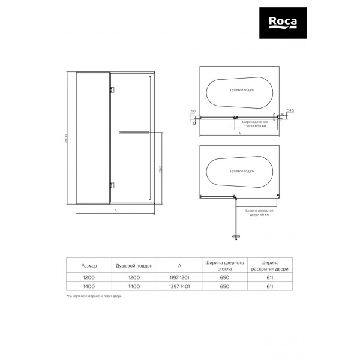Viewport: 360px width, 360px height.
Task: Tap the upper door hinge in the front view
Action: tap(111, 90)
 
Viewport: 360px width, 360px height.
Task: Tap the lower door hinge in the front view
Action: tap(111, 185)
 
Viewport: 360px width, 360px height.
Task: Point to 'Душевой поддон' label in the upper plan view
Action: tap(242, 89)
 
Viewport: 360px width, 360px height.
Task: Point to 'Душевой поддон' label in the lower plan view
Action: tap(242, 171)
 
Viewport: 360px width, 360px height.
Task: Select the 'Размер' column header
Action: tap(89, 265)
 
